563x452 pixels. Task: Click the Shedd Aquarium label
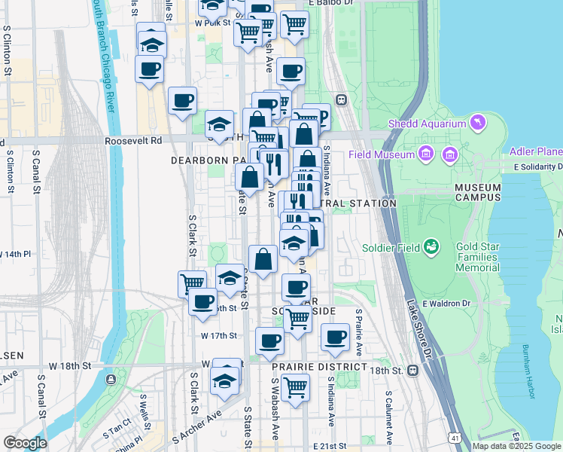click(x=428, y=124)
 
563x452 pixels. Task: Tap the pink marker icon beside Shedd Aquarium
click(x=476, y=122)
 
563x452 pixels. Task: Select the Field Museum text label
click(x=382, y=154)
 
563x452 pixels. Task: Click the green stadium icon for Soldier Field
click(x=431, y=246)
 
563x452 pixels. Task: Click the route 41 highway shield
click(x=454, y=437)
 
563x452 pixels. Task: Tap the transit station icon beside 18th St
click(x=412, y=371)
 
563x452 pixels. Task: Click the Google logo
click(x=25, y=443)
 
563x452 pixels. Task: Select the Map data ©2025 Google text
click(x=516, y=446)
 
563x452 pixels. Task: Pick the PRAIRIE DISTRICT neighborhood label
click(x=319, y=367)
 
